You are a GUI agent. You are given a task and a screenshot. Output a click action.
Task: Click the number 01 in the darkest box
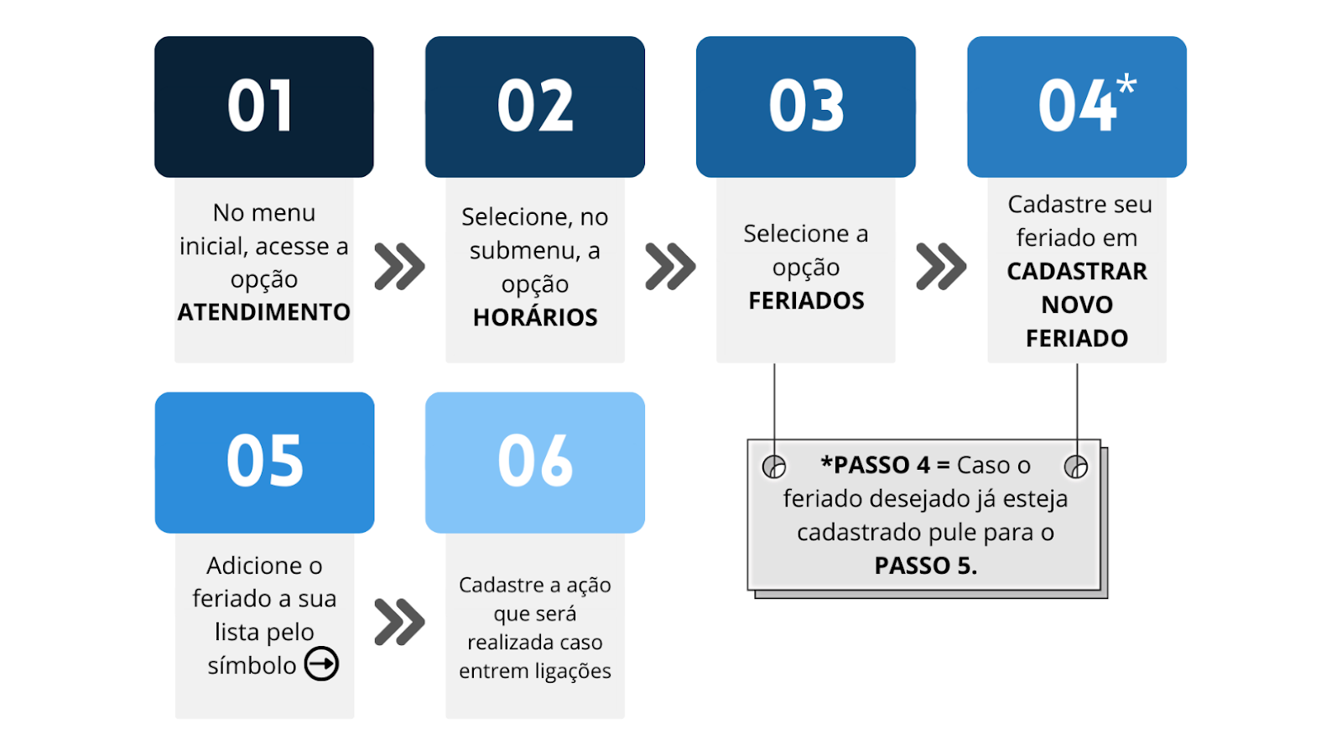pyautogui.click(x=261, y=106)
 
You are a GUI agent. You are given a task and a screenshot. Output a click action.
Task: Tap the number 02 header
pyautogui.click(x=535, y=106)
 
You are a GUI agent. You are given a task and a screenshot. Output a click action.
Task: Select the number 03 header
pyautogui.click(x=806, y=106)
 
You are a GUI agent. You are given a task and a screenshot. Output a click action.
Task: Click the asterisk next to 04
pyautogui.click(x=1126, y=84)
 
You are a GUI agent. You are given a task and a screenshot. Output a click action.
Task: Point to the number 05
pyautogui.click(x=265, y=461)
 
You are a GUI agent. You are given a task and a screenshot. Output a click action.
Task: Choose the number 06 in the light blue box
pyautogui.click(x=535, y=461)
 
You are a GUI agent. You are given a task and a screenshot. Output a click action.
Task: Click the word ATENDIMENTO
pyautogui.click(x=263, y=312)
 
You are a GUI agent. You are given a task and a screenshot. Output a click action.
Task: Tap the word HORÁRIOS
pyautogui.click(x=535, y=317)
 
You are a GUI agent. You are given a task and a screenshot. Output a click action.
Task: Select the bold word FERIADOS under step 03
pyautogui.click(x=806, y=300)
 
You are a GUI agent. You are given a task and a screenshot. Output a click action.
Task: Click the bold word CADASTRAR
pyautogui.click(x=1077, y=272)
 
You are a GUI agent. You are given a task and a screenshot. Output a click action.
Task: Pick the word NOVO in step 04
pyautogui.click(x=1077, y=305)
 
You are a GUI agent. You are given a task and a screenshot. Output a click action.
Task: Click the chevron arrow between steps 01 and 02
pyautogui.click(x=399, y=267)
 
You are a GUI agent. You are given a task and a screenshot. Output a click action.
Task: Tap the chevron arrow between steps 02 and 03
pyautogui.click(x=670, y=267)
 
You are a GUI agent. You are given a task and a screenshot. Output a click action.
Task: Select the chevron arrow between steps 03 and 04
pyautogui.click(x=941, y=267)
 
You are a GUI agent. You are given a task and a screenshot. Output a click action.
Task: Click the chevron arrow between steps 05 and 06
pyautogui.click(x=399, y=622)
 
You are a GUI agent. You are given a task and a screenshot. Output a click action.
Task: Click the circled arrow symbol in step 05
pyautogui.click(x=322, y=664)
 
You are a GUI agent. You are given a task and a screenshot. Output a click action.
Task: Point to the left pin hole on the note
pyautogui.click(x=774, y=466)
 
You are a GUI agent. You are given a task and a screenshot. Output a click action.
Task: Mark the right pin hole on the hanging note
pyautogui.click(x=1076, y=466)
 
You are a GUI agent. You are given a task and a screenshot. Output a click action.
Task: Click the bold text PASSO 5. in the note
pyautogui.click(x=926, y=565)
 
